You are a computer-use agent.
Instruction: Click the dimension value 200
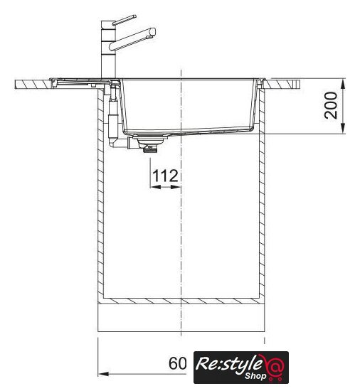click(331, 105)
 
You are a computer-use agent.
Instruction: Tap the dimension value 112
click(165, 176)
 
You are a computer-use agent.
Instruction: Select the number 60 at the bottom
click(178, 363)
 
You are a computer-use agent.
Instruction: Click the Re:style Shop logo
click(241, 367)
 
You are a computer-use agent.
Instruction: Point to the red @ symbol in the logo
click(275, 366)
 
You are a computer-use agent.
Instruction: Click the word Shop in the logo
click(255, 376)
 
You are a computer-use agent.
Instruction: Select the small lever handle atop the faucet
click(125, 20)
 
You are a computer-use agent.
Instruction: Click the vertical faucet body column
click(108, 49)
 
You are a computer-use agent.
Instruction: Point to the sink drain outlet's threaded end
click(150, 149)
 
